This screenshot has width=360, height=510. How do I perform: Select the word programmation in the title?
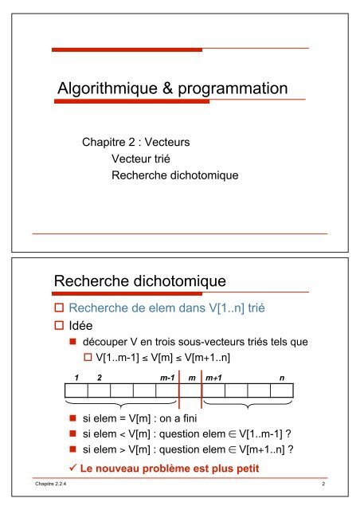tap(232, 88)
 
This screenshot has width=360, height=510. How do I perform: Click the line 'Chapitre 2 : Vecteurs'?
tap(135, 144)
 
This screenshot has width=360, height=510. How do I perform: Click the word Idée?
tap(83, 326)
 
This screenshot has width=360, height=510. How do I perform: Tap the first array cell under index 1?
tap(76, 391)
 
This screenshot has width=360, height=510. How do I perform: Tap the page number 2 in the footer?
tap(324, 484)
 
